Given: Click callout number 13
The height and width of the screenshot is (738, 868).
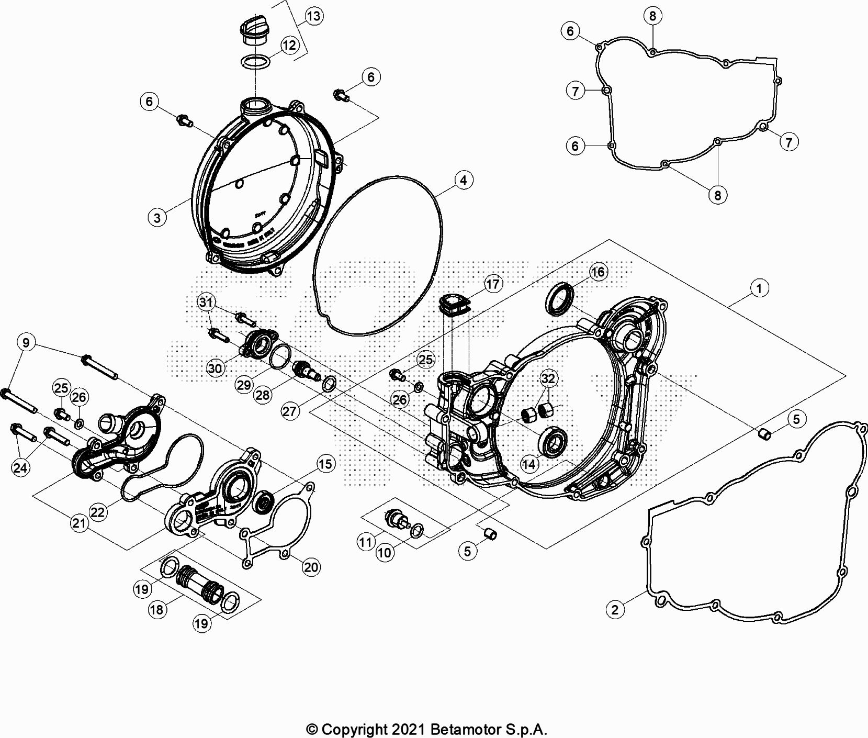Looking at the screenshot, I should click(313, 16).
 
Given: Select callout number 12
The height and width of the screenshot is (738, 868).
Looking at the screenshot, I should click(289, 45).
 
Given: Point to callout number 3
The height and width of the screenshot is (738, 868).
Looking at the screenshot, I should click(157, 217).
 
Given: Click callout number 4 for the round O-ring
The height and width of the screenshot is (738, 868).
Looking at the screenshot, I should click(463, 181).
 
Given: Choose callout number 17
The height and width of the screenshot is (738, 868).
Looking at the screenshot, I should click(493, 284).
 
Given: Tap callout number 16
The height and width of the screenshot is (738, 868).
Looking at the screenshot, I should click(598, 272).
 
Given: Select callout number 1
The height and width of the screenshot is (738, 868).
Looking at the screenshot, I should click(759, 287).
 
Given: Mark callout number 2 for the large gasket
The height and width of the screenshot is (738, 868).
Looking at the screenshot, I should click(615, 609).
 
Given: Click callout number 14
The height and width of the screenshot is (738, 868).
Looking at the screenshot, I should click(529, 464).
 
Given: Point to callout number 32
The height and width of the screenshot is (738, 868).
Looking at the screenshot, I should click(548, 378).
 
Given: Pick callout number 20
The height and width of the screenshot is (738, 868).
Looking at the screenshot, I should click(311, 567).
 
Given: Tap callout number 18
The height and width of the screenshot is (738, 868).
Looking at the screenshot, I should click(157, 609).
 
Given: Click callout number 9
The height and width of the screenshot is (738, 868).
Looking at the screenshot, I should click(26, 343).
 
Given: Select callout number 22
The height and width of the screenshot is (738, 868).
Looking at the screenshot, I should click(98, 512).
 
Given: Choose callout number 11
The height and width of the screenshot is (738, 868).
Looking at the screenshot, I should click(365, 542).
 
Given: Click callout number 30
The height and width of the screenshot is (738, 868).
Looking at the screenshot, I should click(215, 368).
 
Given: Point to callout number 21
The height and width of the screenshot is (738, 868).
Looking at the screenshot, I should click(79, 523).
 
